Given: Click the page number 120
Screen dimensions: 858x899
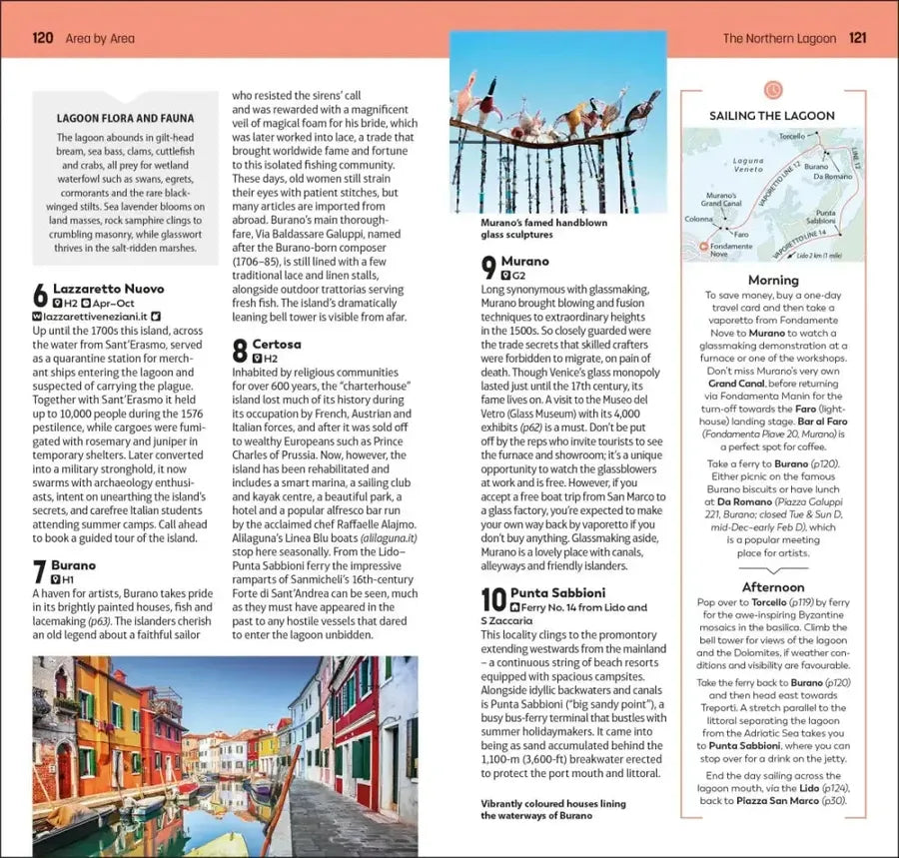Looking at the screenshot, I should click(x=42, y=39).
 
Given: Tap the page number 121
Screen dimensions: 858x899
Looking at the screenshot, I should click(x=857, y=39).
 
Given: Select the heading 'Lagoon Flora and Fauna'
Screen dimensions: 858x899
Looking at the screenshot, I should click(x=125, y=117).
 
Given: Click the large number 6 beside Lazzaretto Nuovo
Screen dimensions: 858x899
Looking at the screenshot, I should click(x=40, y=296).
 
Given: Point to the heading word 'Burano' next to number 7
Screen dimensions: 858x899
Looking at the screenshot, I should click(x=74, y=564).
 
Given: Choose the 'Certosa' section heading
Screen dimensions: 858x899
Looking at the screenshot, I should click(x=277, y=344).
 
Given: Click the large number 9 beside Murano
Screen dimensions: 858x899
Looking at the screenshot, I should click(x=489, y=268).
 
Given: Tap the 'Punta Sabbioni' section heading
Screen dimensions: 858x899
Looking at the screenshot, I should click(x=557, y=591).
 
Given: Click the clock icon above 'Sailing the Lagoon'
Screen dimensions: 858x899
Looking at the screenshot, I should click(x=772, y=91).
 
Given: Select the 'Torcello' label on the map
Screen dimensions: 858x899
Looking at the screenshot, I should click(x=791, y=136).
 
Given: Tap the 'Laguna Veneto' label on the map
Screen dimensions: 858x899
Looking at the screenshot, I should click(x=747, y=165).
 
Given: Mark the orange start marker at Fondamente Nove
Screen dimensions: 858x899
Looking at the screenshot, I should click(x=703, y=245).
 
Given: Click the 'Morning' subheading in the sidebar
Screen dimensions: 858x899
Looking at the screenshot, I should click(x=772, y=281).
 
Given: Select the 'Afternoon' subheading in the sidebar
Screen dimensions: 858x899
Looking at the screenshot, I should click(x=772, y=587).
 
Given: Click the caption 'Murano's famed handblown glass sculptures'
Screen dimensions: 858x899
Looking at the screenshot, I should click(x=543, y=229).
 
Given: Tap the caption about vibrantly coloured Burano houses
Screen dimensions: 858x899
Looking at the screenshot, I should click(x=552, y=809).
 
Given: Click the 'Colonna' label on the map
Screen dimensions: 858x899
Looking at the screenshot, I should click(x=699, y=219).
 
